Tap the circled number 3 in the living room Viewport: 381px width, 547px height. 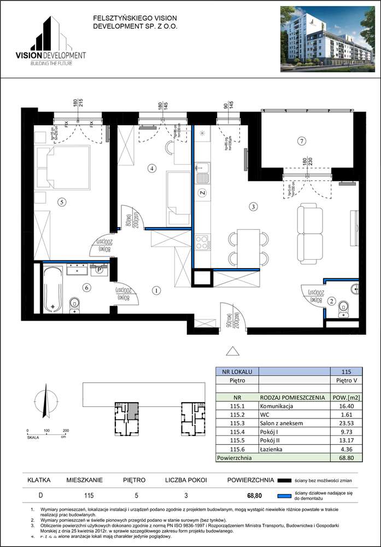253,207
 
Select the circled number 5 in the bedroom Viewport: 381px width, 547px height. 62,202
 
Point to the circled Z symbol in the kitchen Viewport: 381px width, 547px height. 201,193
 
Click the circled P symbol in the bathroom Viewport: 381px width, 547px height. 99,269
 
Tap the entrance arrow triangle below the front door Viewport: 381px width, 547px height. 233,351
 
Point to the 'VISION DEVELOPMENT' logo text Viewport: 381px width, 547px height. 51,55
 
